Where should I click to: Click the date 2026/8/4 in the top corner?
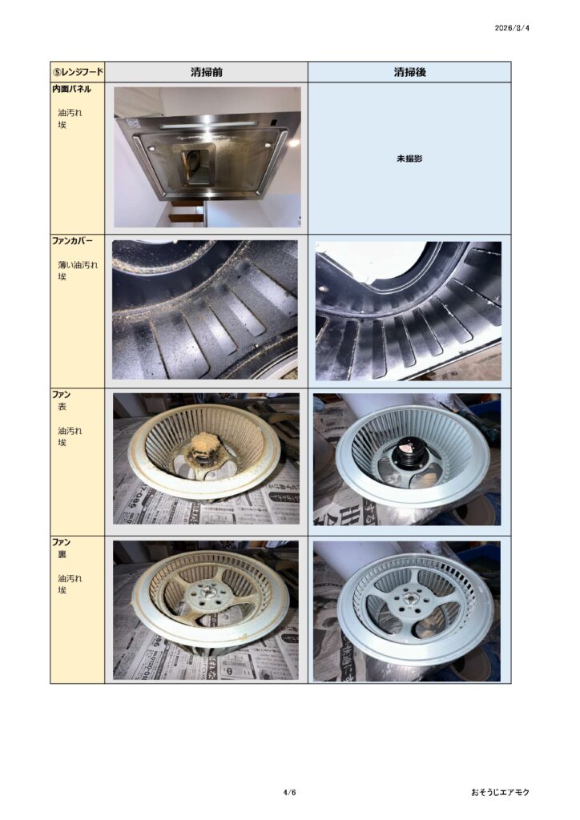pos(511,28)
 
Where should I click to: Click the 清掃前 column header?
pos(206,72)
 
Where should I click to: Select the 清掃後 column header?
pos(409,72)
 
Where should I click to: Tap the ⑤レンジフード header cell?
pos(78,71)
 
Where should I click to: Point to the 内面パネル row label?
pos(71,89)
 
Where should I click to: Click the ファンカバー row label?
pos(72,241)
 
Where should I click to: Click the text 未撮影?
pos(409,159)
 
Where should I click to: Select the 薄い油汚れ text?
pos(78,264)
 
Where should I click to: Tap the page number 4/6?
pos(290,792)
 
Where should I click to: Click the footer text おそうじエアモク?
pos(499,792)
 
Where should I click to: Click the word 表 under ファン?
pos(62,406)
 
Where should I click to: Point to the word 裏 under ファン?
pos(62,554)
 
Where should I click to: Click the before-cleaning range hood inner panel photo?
pos(207,157)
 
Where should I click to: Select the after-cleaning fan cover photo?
pos(408,311)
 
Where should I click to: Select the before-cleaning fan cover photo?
pos(205,310)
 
